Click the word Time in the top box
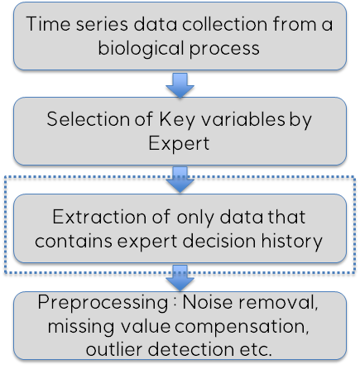click(x=48, y=24)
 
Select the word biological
click(x=141, y=49)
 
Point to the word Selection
click(x=89, y=119)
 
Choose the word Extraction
click(x=99, y=217)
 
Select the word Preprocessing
click(x=103, y=303)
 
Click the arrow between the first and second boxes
click(x=180, y=85)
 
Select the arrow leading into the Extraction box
click(x=180, y=180)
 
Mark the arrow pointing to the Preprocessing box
click(x=180, y=278)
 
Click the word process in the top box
click(x=224, y=50)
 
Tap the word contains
click(x=74, y=241)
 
